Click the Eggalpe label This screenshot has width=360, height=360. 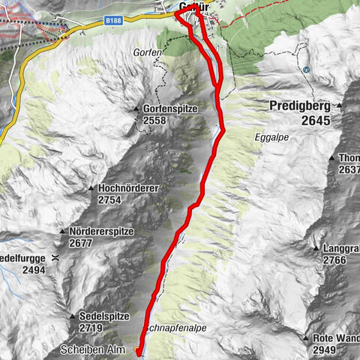(271, 138)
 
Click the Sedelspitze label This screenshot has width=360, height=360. (106, 316)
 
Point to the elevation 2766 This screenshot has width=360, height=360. (337, 259)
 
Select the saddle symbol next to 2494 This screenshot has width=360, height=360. (55, 258)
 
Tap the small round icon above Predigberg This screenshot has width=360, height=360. (306, 70)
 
